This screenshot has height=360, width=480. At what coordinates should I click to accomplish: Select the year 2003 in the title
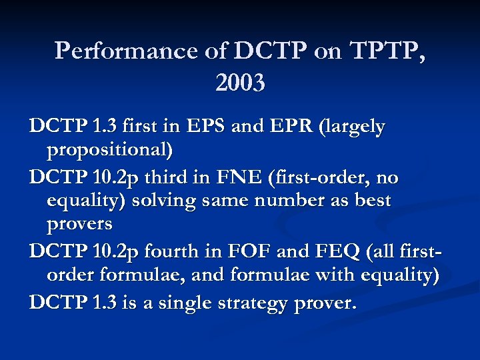coord(240,83)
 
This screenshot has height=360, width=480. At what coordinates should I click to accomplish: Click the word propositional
coord(109,150)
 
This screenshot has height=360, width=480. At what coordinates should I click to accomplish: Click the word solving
coord(167,201)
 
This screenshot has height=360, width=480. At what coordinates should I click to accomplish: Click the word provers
coord(79,223)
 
